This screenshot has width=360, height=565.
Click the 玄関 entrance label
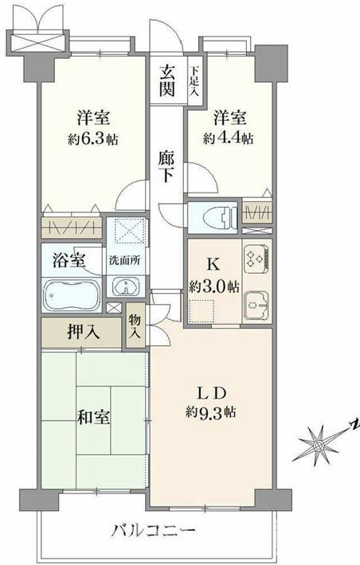click(x=167, y=78)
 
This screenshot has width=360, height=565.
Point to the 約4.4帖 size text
click(x=229, y=138)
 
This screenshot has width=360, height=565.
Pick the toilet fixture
click(x=221, y=216)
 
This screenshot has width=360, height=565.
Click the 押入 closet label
click(x=83, y=331)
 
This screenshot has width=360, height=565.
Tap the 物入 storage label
click(x=134, y=326)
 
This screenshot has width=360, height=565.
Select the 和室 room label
click(x=93, y=416)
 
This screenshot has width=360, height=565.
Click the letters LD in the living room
click(x=214, y=392)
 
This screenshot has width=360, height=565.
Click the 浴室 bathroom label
click(x=67, y=259)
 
